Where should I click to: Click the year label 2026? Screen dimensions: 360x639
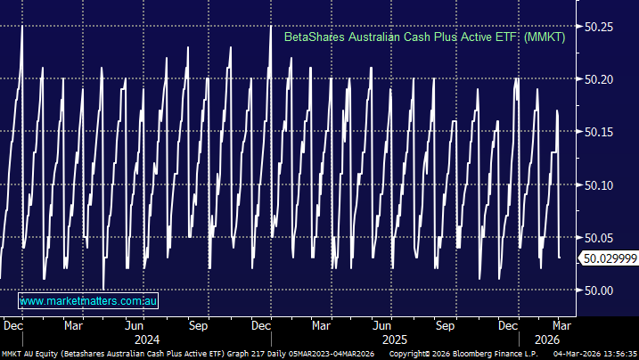545,340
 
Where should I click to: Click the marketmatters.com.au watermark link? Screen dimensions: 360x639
88,301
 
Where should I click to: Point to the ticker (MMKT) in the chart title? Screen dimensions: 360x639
545,37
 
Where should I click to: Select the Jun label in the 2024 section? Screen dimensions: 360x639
135,326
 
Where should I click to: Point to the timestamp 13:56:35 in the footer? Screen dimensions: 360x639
619,354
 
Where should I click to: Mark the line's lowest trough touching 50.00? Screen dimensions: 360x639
103,289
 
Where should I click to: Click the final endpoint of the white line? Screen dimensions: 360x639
560,258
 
